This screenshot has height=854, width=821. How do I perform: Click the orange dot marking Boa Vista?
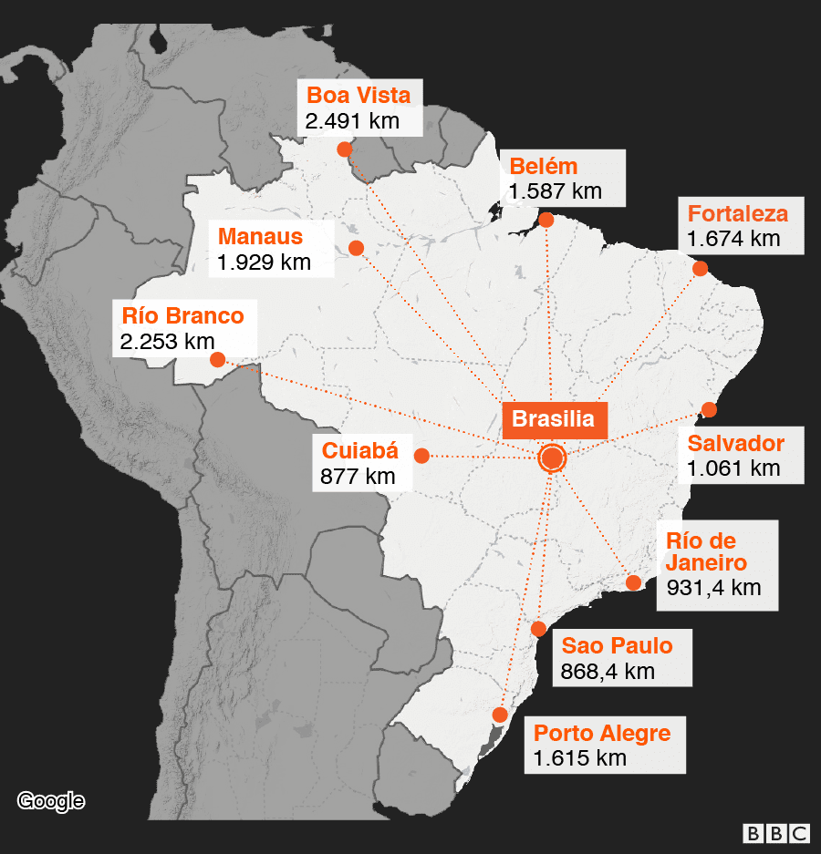(344, 149)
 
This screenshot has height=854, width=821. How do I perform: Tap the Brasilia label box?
(553, 419)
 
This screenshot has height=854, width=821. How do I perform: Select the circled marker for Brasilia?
(552, 458)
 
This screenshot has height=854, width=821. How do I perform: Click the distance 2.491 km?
(352, 121)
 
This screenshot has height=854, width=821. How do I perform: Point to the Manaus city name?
(260, 237)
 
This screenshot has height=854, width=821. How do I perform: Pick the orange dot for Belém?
(546, 220)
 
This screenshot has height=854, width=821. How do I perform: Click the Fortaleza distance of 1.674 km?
(734, 239)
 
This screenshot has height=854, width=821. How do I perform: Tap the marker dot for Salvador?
(709, 410)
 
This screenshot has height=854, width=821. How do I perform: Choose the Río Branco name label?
(182, 316)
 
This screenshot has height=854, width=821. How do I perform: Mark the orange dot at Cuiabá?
(421, 455)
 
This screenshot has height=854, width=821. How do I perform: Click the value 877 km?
(358, 476)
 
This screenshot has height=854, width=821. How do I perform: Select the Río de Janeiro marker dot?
(632, 582)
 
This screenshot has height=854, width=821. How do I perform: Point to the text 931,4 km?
(713, 587)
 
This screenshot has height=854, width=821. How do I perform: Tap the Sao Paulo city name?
(618, 646)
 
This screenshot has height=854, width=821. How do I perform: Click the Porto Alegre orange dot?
(499, 713)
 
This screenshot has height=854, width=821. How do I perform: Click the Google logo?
(51, 801)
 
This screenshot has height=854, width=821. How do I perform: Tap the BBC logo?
(776, 833)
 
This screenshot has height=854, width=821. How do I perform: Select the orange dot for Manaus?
(356, 248)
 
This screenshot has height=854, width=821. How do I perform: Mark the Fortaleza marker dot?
(700, 268)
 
